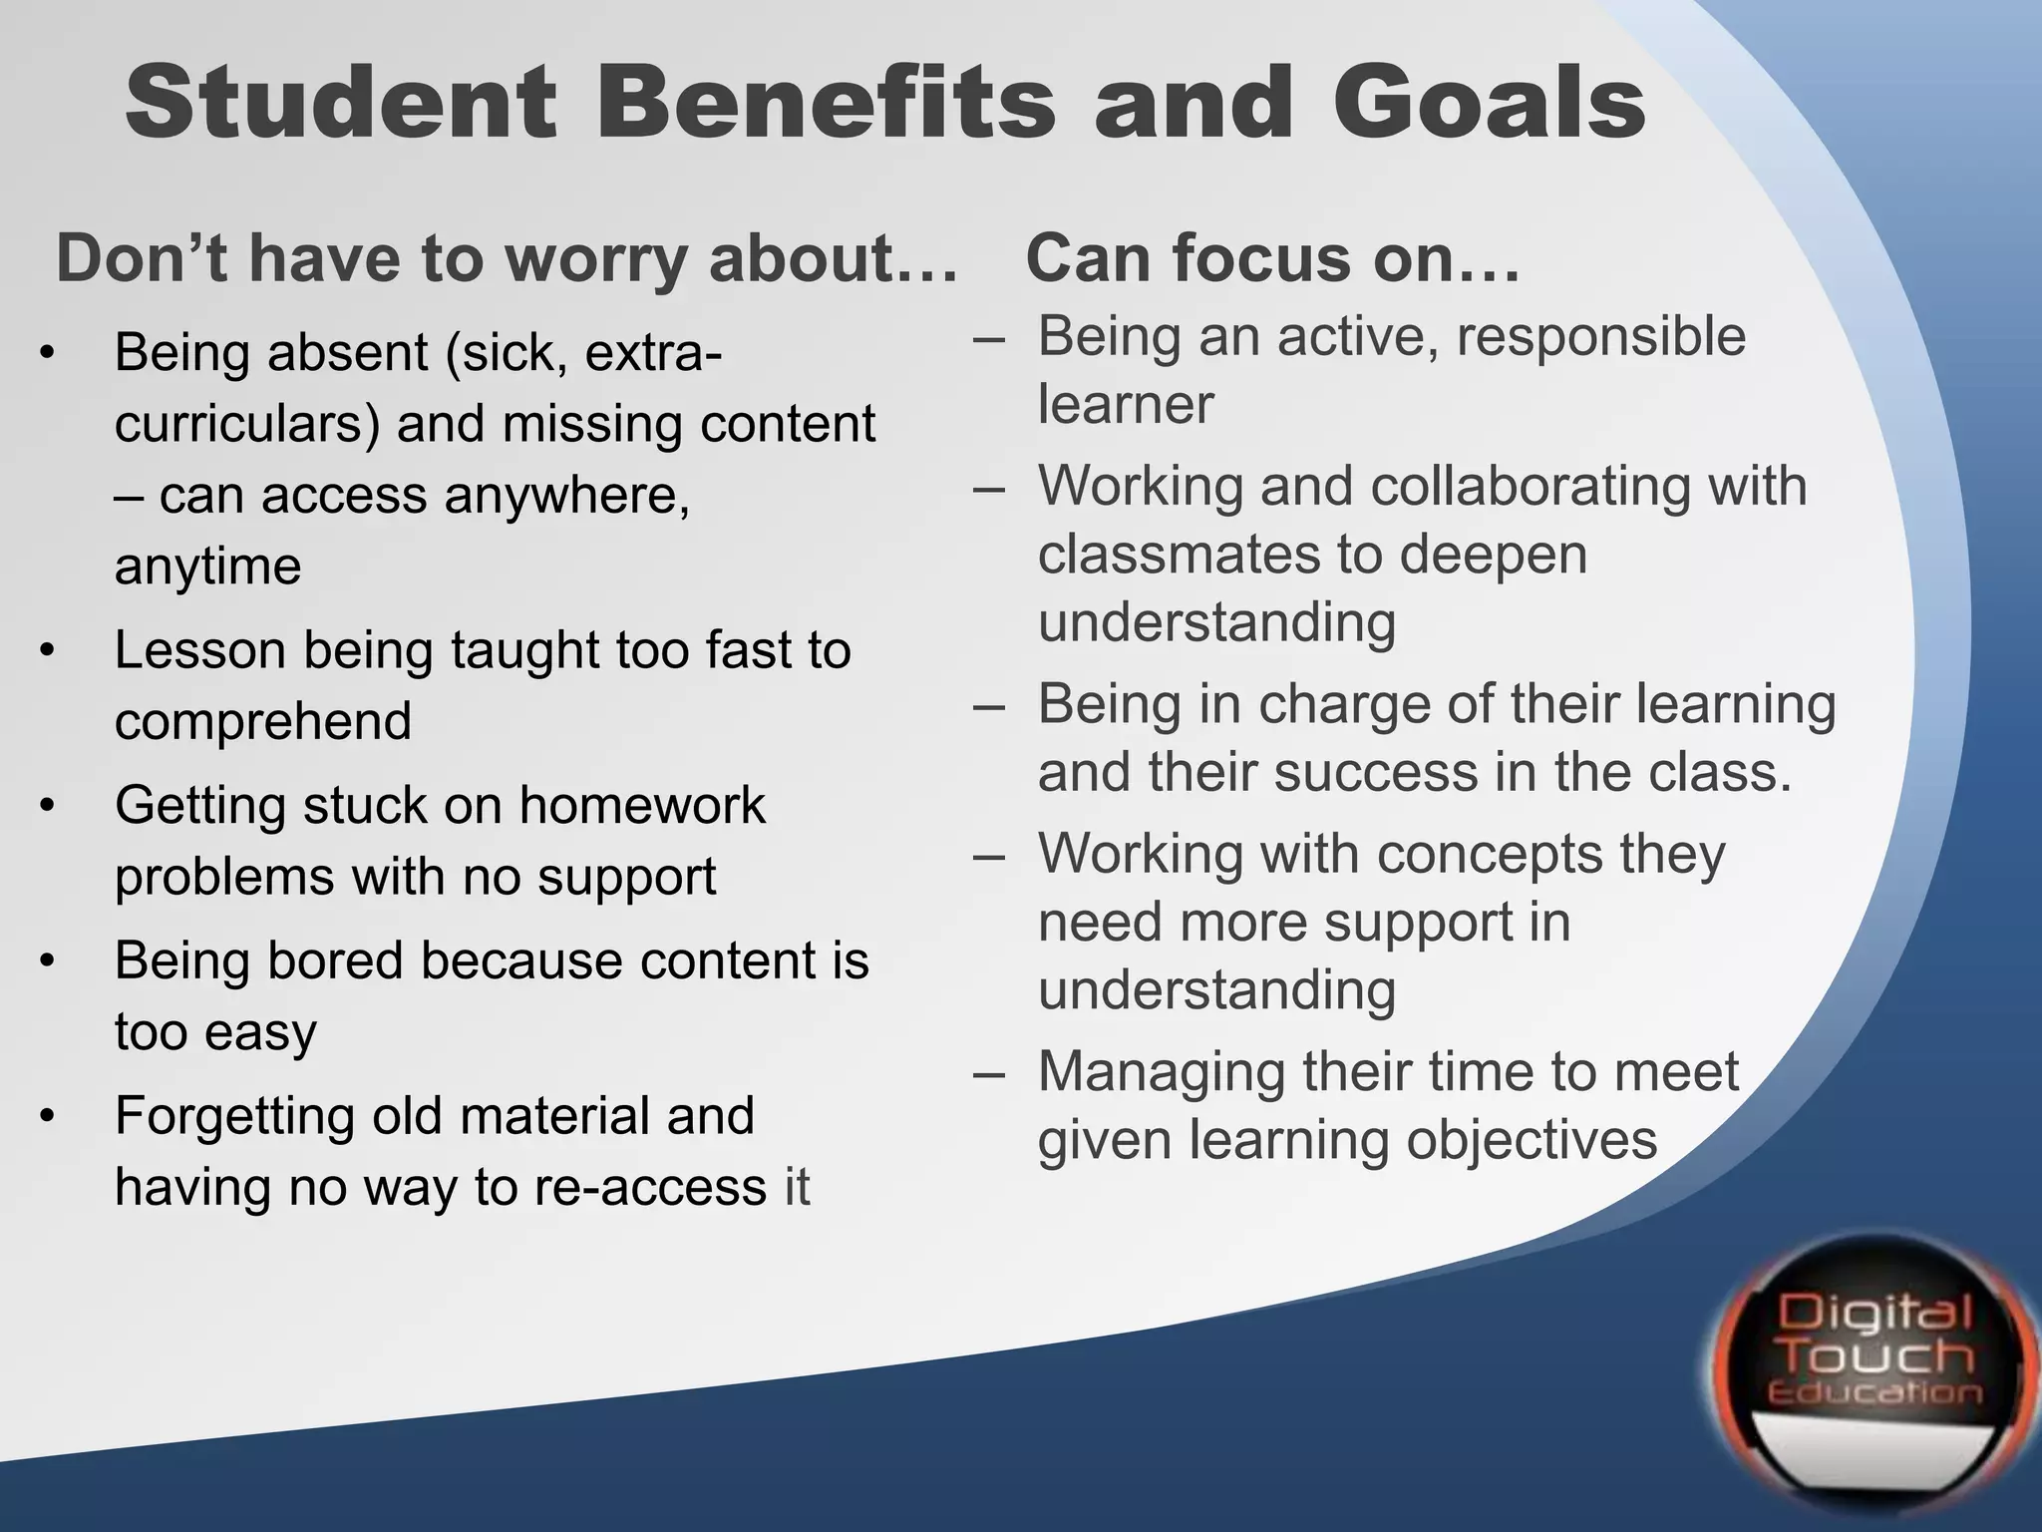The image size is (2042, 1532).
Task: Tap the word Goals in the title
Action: pos(1490,103)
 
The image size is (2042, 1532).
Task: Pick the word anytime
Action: pos(207,567)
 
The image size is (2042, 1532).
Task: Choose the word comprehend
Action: pos(263,721)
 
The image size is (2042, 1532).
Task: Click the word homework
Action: pos(642,805)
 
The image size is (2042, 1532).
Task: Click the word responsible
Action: pos(1600,336)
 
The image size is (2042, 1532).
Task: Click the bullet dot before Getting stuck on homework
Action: pos(46,807)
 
